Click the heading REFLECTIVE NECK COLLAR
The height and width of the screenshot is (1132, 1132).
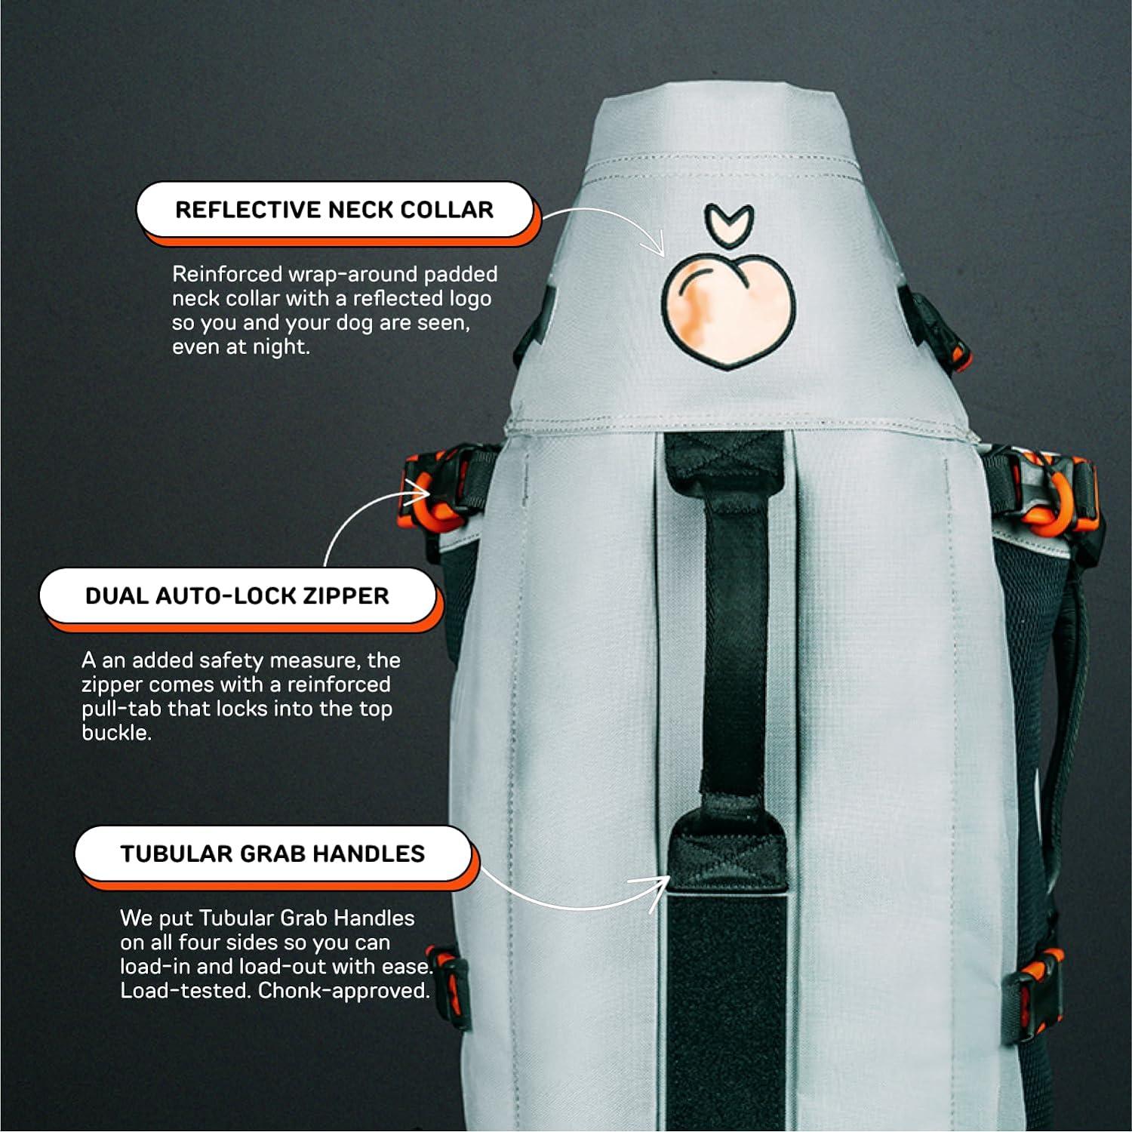(x=334, y=210)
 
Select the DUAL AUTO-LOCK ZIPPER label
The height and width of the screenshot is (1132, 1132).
(x=237, y=596)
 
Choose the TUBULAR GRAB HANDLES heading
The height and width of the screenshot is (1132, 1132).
(x=272, y=854)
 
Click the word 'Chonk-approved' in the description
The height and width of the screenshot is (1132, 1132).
(x=343, y=991)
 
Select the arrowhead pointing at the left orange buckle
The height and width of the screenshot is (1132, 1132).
(x=420, y=496)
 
